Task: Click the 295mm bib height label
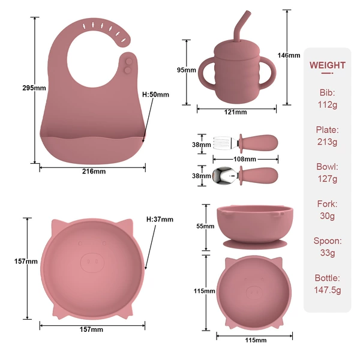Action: [x=34, y=88]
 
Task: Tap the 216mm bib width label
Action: [x=94, y=171]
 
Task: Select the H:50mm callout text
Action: [x=155, y=95]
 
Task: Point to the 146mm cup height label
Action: [x=289, y=55]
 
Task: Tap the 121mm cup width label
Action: [x=236, y=112]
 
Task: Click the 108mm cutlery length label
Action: [x=245, y=159]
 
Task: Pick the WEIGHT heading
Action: [x=328, y=65]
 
